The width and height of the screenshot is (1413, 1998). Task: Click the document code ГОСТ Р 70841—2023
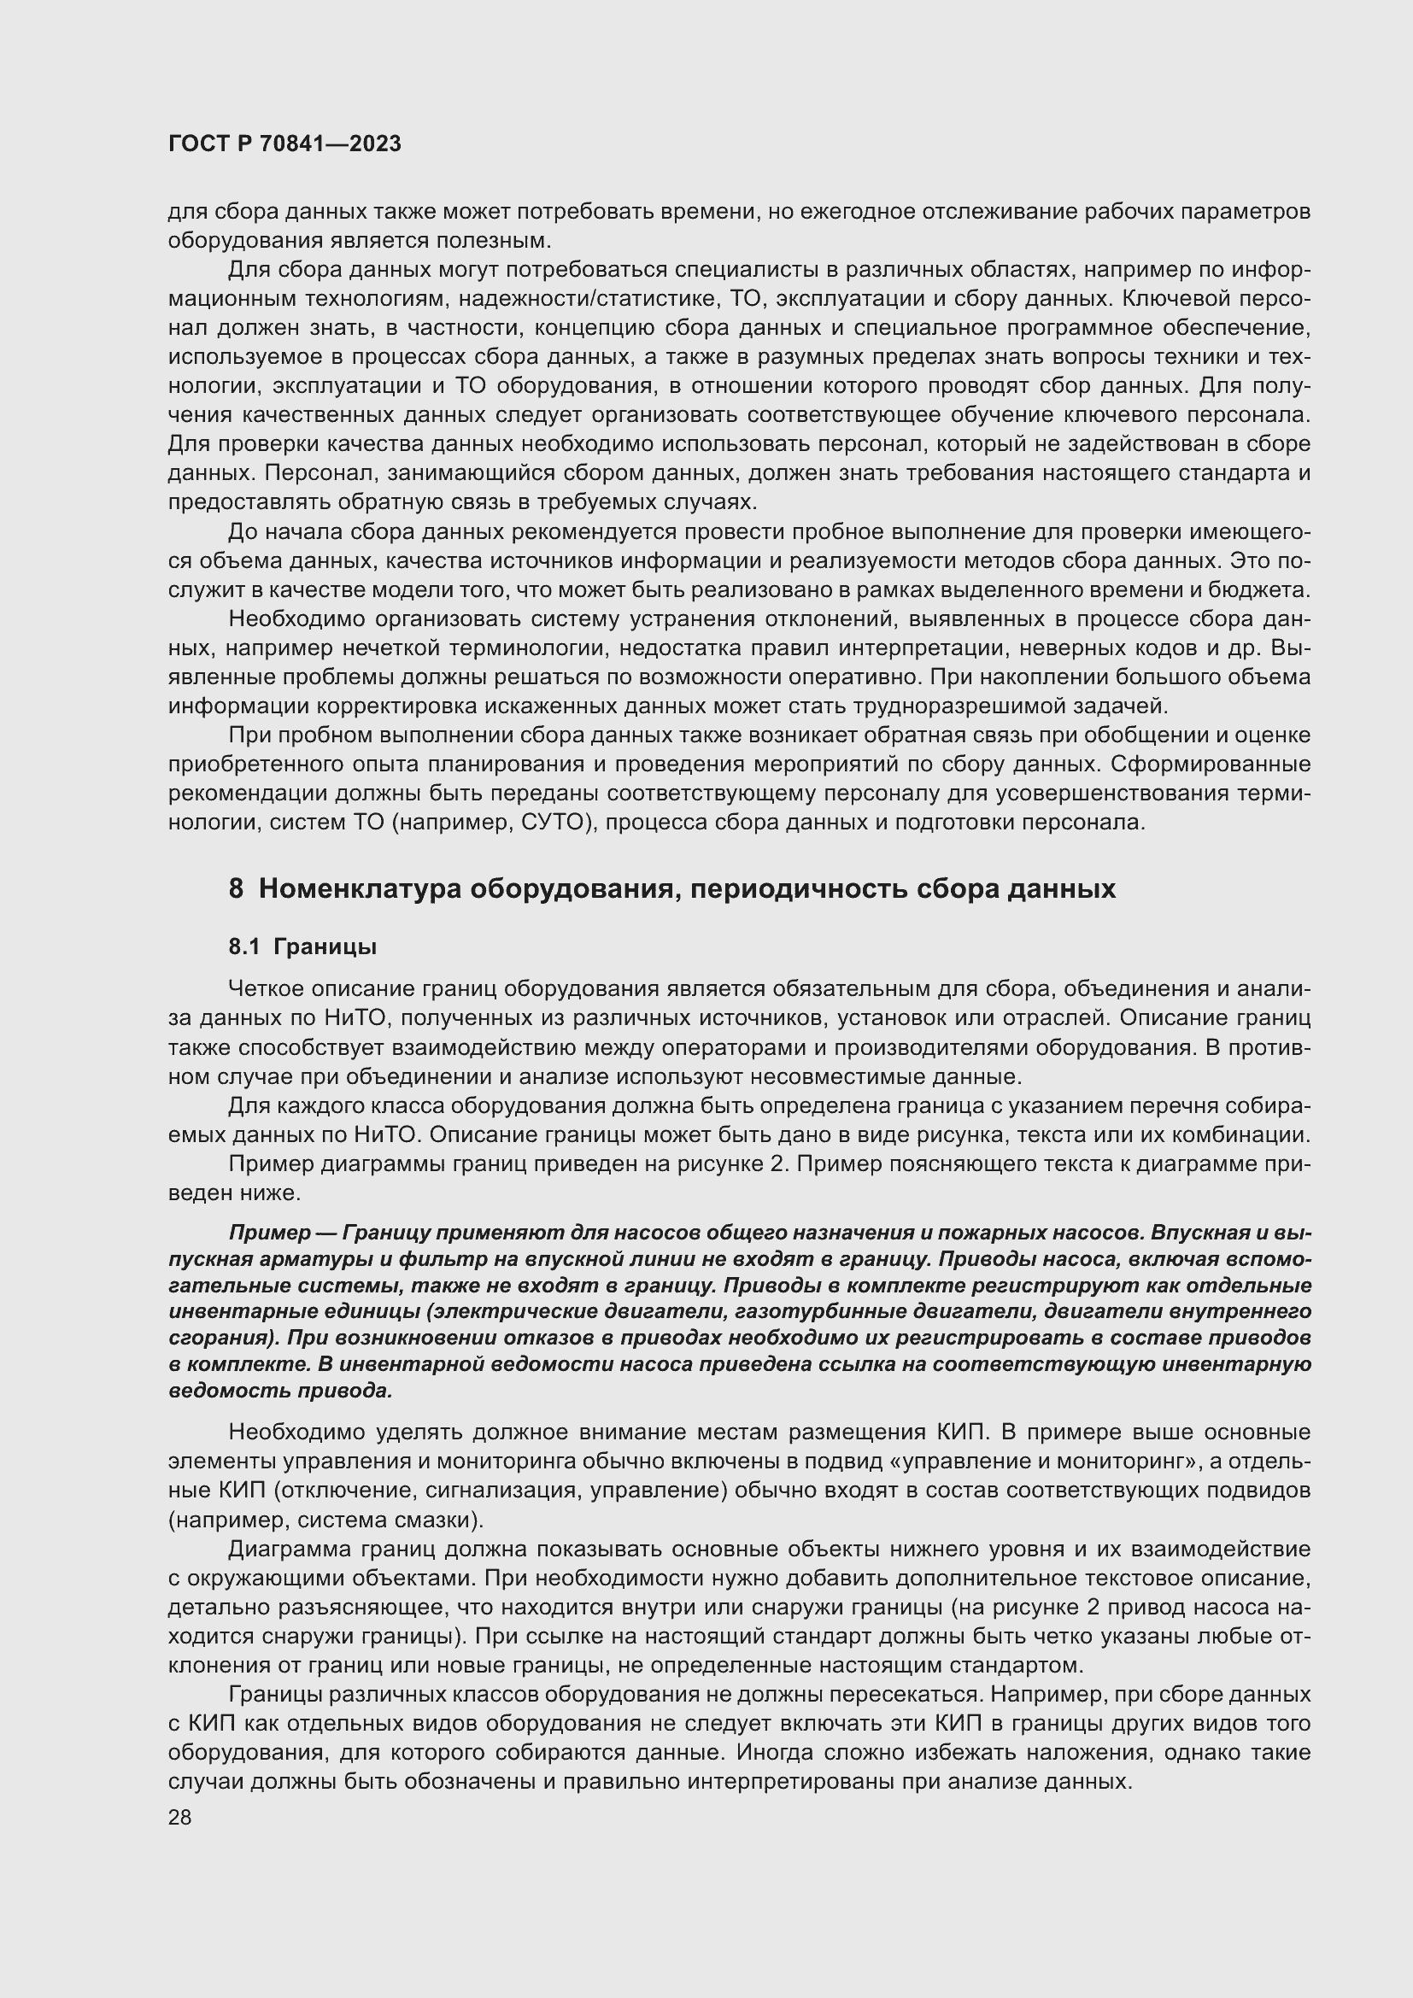tap(284, 144)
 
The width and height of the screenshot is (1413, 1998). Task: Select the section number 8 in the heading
tap(236, 889)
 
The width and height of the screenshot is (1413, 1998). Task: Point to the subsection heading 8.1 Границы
tap(302, 946)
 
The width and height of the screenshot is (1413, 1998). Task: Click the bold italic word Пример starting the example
tap(269, 1233)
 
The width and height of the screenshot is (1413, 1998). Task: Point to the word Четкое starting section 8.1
tap(266, 988)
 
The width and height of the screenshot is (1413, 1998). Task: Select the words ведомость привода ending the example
tap(280, 1391)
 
